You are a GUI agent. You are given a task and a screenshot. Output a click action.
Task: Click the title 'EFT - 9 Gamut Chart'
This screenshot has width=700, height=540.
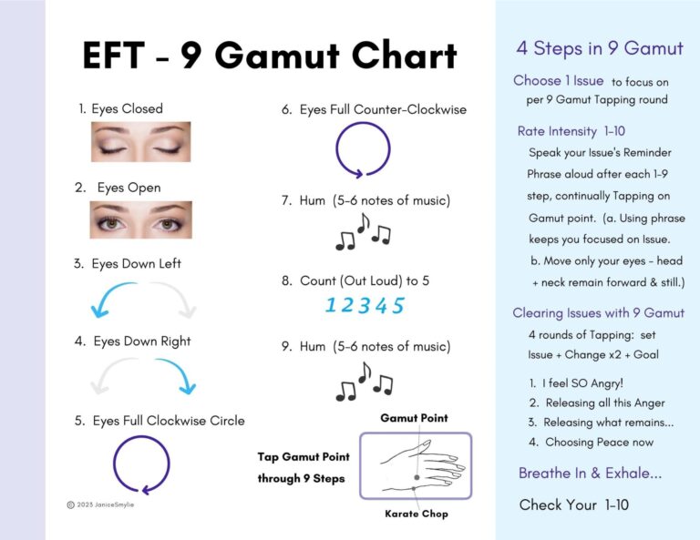pos(270,56)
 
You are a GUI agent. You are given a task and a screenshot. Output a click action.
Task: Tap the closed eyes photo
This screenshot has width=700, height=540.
pos(140,142)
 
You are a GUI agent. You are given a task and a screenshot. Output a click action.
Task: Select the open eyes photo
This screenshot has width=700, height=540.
pos(140,220)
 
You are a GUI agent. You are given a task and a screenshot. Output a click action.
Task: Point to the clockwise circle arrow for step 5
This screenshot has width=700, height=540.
pos(141,464)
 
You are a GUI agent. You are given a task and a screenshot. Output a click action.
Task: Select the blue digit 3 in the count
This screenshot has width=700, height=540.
pos(364,306)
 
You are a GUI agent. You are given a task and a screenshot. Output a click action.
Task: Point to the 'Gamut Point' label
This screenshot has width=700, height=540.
pos(415,418)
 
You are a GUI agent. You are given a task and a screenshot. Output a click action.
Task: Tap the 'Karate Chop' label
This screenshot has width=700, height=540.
pos(416,514)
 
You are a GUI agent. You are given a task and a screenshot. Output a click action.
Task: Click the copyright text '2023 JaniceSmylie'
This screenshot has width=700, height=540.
pos(106,504)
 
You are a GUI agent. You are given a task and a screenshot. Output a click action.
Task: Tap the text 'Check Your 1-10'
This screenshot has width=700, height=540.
pos(574,504)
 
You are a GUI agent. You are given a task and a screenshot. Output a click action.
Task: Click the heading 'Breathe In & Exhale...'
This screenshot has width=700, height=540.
pos(589,474)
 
